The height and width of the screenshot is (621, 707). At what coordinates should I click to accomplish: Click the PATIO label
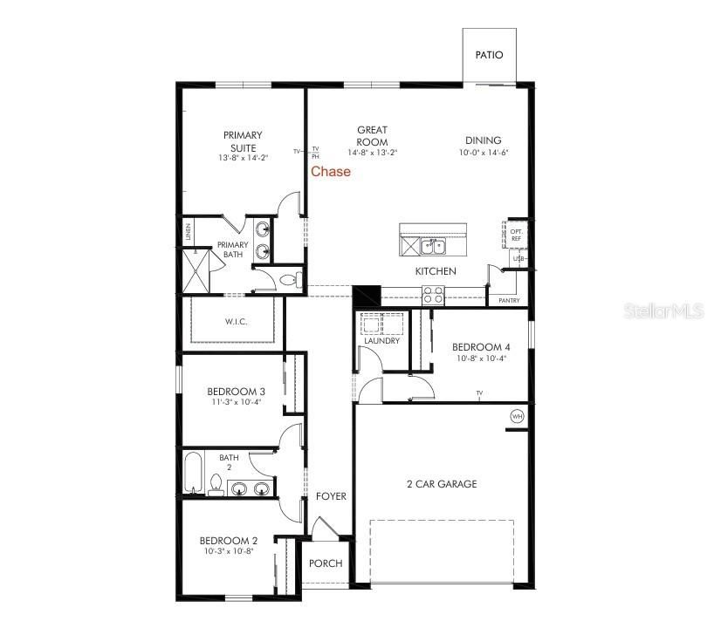(x=489, y=55)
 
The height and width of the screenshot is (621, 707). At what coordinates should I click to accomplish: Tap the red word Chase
(x=331, y=172)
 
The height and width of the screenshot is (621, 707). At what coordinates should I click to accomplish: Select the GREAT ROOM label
(x=372, y=136)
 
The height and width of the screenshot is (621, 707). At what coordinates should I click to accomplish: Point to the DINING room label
(x=483, y=140)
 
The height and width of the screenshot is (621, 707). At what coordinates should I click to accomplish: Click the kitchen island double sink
(x=434, y=246)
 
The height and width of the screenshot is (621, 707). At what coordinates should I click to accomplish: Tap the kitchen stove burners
(x=433, y=296)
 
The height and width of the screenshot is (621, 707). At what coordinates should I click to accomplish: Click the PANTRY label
(x=510, y=301)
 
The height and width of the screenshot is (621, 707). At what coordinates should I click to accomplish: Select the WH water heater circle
(x=517, y=417)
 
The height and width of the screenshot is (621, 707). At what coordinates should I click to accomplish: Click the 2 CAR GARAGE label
(x=442, y=484)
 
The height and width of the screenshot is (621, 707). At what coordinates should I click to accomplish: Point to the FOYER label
(x=331, y=496)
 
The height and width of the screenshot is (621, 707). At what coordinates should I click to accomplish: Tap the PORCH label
(x=326, y=563)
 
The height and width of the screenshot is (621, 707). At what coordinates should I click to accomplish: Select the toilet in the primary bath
(x=294, y=280)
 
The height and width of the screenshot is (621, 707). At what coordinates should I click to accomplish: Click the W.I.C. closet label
(x=237, y=322)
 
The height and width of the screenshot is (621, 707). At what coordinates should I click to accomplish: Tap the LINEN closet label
(x=188, y=232)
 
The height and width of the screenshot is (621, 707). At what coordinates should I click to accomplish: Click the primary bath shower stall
(x=197, y=270)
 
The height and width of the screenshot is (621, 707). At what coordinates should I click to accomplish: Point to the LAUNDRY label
(x=381, y=341)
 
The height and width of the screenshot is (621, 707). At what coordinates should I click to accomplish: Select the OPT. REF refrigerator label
(x=517, y=235)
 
